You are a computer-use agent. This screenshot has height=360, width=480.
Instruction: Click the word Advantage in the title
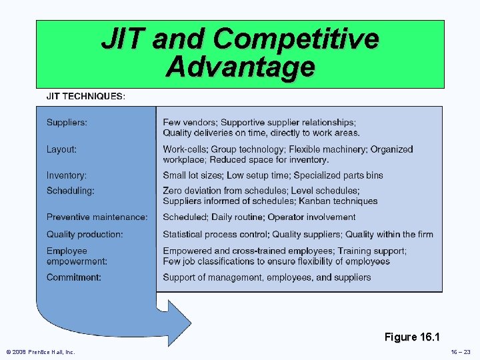tap(240, 67)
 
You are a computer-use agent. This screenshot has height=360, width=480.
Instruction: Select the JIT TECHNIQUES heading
tap(85, 96)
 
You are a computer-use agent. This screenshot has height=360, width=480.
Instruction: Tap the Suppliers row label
tap(67, 123)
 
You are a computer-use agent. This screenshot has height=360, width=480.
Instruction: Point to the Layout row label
tap(61, 149)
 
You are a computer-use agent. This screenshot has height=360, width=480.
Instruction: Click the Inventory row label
tap(67, 175)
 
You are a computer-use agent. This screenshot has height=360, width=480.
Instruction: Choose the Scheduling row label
tap(71, 191)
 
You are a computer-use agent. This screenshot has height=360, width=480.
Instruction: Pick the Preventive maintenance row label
tap(97, 217)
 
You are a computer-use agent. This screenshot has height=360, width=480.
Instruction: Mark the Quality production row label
tap(85, 234)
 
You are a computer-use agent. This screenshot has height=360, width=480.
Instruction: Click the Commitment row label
tap(74, 277)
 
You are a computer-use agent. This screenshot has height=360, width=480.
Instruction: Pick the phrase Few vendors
tap(189, 123)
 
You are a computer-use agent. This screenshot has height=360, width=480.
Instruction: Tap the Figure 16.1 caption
tap(413, 337)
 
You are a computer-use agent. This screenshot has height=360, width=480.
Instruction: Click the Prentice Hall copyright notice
tap(41, 352)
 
